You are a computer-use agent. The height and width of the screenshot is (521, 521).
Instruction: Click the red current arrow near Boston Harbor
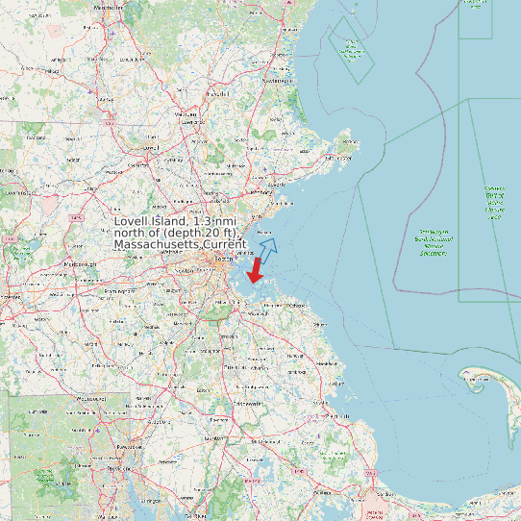coord(256,271)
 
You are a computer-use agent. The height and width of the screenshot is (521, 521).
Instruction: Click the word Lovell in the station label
coord(135,222)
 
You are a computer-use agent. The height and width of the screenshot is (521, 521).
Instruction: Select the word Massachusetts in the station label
coord(157,245)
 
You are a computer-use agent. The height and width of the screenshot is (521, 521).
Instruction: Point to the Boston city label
coord(224,260)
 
